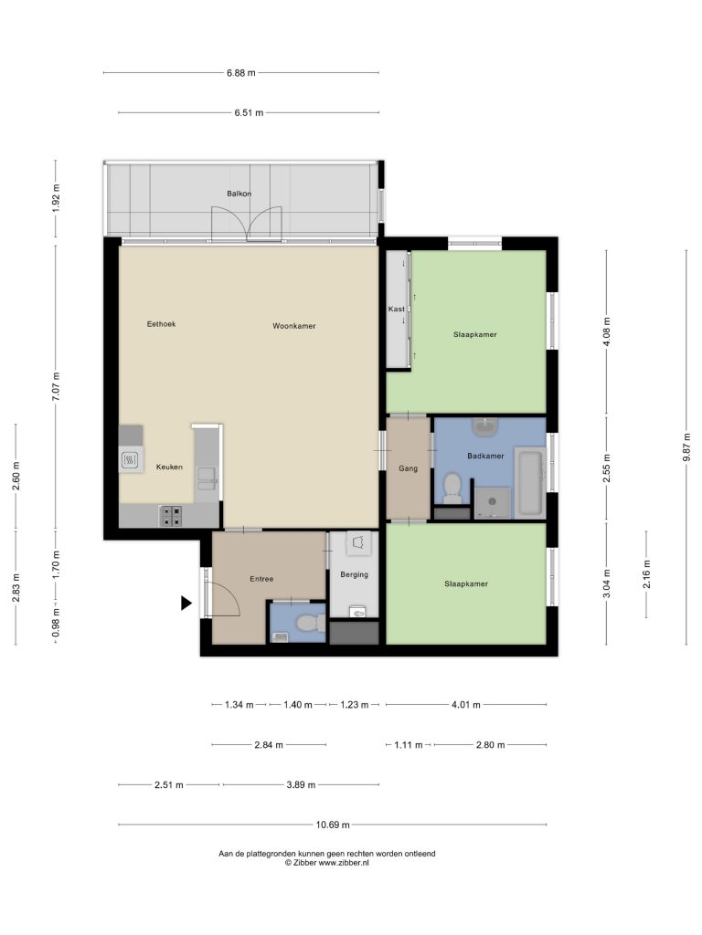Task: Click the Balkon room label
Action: pyautogui.click(x=239, y=194)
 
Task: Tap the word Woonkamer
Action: pyautogui.click(x=294, y=326)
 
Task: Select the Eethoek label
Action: pyautogui.click(x=161, y=324)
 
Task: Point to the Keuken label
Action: pyautogui.click(x=169, y=467)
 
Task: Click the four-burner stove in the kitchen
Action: pyautogui.click(x=171, y=515)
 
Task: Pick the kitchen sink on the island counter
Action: pyautogui.click(x=207, y=478)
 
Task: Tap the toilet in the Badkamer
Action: pyautogui.click(x=452, y=487)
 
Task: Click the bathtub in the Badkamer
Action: pyautogui.click(x=530, y=483)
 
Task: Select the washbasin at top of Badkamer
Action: pyautogui.click(x=484, y=427)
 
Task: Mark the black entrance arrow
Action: pyautogui.click(x=186, y=604)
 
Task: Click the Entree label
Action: pyautogui.click(x=261, y=579)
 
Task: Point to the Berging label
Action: pyautogui.click(x=354, y=575)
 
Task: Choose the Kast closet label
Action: pyautogui.click(x=396, y=309)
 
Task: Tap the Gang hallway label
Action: pyautogui.click(x=409, y=468)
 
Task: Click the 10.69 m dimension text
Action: pyautogui.click(x=333, y=825)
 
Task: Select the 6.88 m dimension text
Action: pyautogui.click(x=240, y=73)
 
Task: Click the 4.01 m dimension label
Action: pyautogui.click(x=465, y=705)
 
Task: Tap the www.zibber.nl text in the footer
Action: pyautogui.click(x=344, y=862)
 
